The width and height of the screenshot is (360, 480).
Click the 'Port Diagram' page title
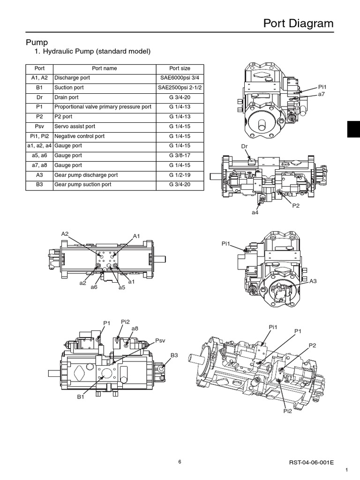pos(298,23)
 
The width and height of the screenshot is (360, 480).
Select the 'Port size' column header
pos(180,68)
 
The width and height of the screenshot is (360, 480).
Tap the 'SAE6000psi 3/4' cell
pos(180,78)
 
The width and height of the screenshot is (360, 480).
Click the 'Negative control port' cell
pos(79,136)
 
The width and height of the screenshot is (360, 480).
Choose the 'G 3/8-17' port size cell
pos(180,156)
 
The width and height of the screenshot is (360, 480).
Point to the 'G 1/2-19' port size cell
pos(180,175)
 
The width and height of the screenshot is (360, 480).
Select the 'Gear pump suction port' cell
pos(82,185)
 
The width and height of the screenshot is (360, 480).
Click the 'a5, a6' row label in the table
pos(39,156)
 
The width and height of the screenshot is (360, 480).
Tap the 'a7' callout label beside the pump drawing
pos(322,94)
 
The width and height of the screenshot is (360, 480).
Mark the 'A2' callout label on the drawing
pos(65,234)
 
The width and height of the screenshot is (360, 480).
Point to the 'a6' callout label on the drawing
pos(94,287)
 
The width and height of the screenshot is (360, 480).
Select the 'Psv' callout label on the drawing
pos(161,340)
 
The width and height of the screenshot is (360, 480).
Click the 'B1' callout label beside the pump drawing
pos(80,397)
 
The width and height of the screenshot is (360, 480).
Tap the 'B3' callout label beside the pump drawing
pos(174,356)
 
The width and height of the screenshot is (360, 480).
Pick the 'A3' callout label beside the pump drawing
pos(313,281)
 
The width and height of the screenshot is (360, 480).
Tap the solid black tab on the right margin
pos(353,128)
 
